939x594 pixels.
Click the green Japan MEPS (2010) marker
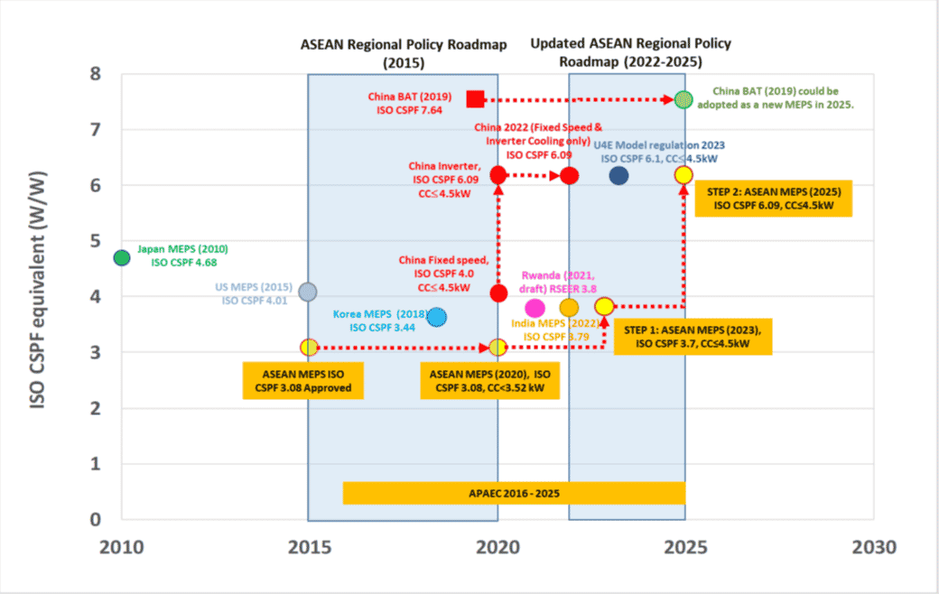tap(122, 257)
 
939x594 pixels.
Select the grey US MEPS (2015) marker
tap(308, 292)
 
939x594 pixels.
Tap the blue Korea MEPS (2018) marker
tap(437, 317)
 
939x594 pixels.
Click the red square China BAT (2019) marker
tap(476, 98)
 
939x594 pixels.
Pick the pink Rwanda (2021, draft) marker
tap(535, 308)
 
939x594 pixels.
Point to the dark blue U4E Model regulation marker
tap(618, 175)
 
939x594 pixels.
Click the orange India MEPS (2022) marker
tap(569, 308)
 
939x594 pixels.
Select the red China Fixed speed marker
tap(498, 293)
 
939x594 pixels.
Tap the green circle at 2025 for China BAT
tap(684, 99)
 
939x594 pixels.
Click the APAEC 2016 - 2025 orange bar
tap(514, 493)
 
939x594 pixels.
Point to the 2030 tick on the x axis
tap(873, 547)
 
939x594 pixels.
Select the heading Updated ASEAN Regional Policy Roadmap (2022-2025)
tap(630, 52)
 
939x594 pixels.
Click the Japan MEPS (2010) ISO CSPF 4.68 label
tap(183, 255)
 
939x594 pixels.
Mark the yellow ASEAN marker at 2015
tap(309, 347)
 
